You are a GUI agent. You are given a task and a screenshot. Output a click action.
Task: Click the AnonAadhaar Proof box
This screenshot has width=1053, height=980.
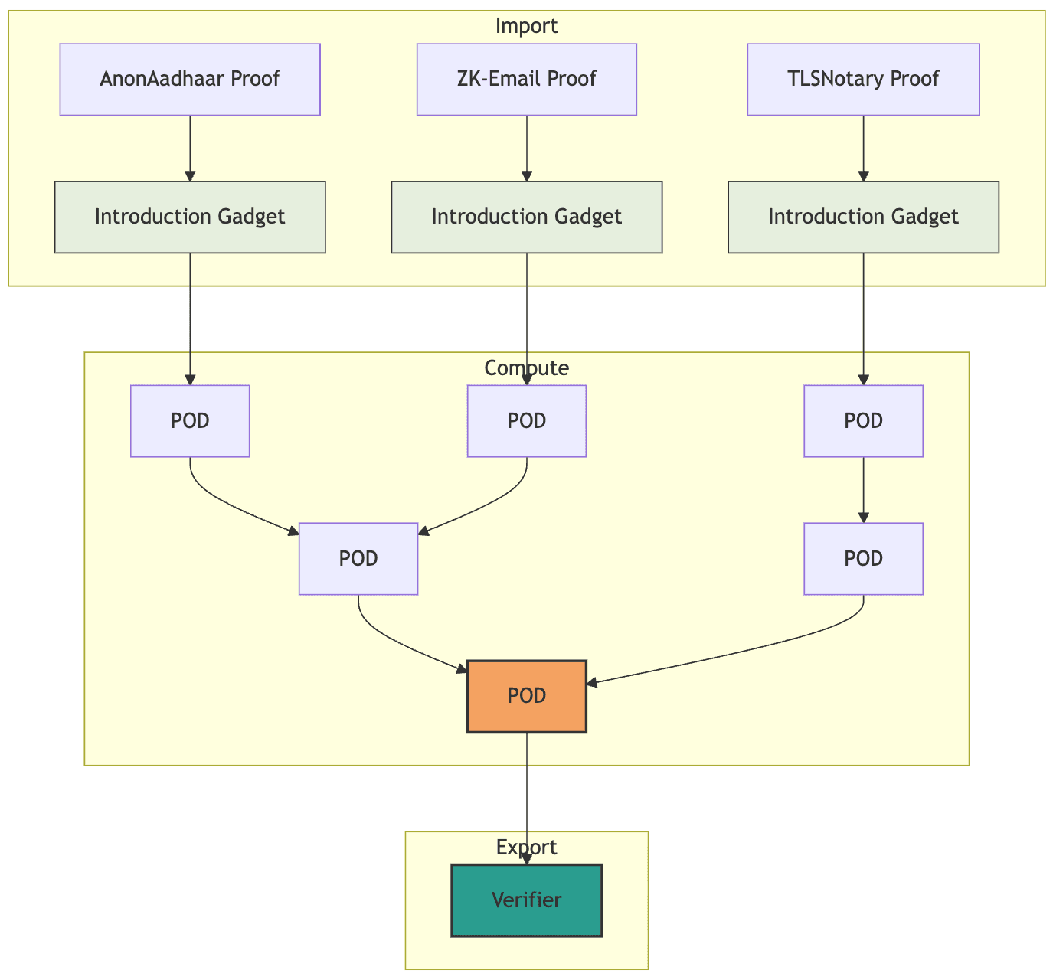pyautogui.click(x=190, y=79)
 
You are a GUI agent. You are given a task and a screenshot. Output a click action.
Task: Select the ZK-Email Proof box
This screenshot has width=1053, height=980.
pyautogui.click(x=526, y=79)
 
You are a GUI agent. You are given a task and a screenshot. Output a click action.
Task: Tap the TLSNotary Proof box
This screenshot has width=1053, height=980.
pyautogui.click(x=863, y=79)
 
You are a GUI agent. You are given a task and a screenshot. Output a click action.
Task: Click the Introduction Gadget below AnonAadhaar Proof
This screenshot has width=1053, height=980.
pyautogui.click(x=190, y=217)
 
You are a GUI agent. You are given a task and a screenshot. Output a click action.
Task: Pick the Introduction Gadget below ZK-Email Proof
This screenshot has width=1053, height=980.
pyautogui.click(x=526, y=217)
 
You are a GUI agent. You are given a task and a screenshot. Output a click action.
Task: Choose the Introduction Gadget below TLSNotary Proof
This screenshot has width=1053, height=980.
pyautogui.click(x=863, y=217)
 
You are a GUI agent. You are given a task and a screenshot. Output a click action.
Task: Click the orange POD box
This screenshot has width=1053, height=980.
pyautogui.click(x=526, y=696)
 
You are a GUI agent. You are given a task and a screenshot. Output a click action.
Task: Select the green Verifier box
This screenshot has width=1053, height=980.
pyautogui.click(x=526, y=900)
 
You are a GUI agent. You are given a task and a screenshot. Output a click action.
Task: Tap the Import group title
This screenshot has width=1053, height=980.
pyautogui.click(x=526, y=26)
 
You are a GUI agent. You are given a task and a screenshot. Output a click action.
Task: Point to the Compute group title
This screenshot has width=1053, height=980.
pyautogui.click(x=526, y=368)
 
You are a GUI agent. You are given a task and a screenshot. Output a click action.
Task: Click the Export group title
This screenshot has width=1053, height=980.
pyautogui.click(x=526, y=848)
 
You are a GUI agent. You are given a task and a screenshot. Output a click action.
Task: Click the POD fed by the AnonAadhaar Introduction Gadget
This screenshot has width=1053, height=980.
pyautogui.click(x=190, y=421)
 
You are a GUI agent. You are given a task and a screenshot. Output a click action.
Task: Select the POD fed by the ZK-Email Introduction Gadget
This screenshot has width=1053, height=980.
pyautogui.click(x=526, y=421)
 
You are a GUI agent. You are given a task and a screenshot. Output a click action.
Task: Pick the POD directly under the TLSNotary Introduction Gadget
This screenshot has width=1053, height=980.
pyautogui.click(x=863, y=421)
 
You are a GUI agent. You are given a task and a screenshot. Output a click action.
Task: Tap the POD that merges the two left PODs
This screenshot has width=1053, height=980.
pyautogui.click(x=358, y=559)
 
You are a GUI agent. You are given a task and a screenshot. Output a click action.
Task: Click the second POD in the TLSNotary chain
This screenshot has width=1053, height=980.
pyautogui.click(x=863, y=559)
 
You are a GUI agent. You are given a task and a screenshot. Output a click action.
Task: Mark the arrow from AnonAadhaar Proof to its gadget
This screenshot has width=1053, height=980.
pyautogui.click(x=190, y=149)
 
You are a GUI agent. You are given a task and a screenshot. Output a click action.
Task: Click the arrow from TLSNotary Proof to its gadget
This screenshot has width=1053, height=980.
pyautogui.click(x=863, y=149)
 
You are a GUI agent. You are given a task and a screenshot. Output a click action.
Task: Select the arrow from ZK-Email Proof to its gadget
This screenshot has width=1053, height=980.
pyautogui.click(x=526, y=149)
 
